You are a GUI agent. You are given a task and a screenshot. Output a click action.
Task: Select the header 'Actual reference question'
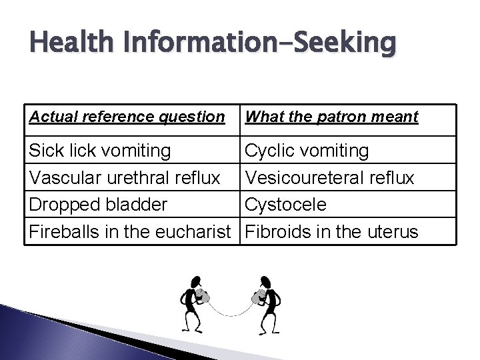(127, 117)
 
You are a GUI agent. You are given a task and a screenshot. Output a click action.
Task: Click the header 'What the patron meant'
(332, 117)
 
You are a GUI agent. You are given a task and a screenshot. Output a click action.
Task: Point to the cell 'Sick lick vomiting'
(99, 151)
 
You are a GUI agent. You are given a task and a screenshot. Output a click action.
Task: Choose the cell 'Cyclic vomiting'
(307, 151)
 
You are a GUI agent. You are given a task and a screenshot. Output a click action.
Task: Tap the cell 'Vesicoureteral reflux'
(330, 178)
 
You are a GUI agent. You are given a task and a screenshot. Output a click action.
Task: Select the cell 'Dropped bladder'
(97, 205)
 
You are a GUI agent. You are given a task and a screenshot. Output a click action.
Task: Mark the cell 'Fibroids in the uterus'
(332, 231)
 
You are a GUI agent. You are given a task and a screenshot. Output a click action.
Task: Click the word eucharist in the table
(197, 231)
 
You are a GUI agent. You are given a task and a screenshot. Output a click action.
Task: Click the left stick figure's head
(195, 282)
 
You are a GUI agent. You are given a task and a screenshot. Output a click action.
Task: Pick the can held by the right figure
(257, 295)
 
